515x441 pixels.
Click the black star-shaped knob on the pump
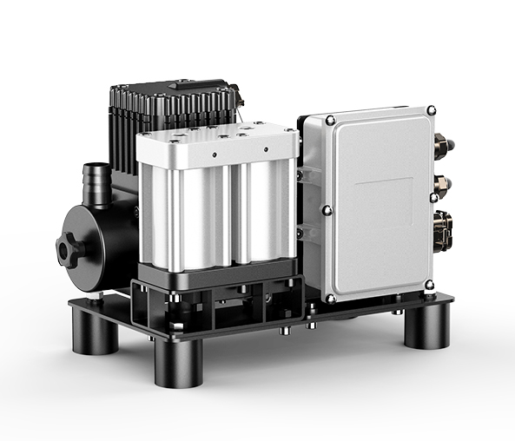coord(70,248)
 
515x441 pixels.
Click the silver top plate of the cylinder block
coord(217,139)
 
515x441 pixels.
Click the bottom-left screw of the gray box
coord(331,299)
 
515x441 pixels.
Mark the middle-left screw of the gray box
coord(327,208)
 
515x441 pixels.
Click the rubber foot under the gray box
coord(427,326)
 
